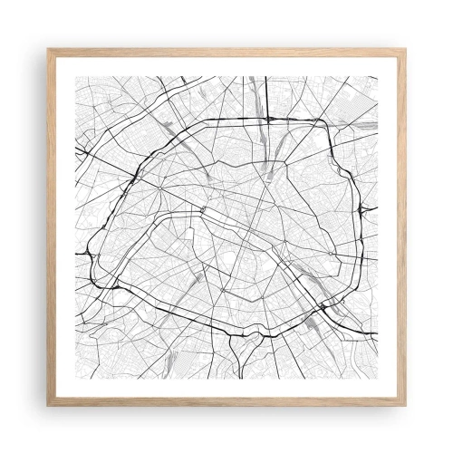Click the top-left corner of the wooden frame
pos(48,48)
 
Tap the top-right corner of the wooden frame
pos(405,48)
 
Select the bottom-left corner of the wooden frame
pos(48,405)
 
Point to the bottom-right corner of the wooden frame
pos(405,405)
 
